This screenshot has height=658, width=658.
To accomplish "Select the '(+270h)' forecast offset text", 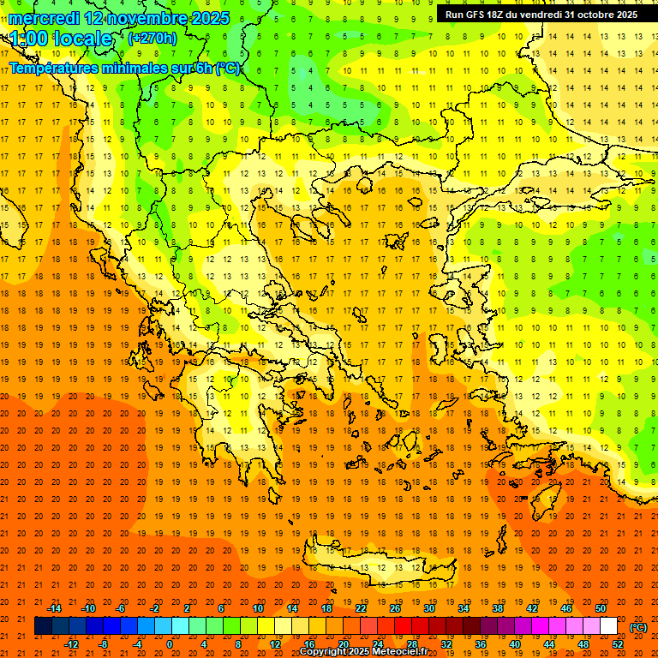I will [x=153, y=38].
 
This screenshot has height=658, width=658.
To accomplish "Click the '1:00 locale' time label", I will [x=62, y=39].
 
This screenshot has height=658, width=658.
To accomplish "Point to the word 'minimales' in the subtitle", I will [x=128, y=69].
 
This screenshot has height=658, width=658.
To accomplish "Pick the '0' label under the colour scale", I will [x=170, y=644].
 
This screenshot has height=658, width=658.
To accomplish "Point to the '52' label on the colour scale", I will [x=618, y=644].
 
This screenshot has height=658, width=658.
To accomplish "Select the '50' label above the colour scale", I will [x=601, y=608].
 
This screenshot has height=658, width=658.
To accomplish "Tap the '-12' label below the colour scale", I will [x=71, y=644].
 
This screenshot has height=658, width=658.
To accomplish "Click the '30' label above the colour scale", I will [x=429, y=608].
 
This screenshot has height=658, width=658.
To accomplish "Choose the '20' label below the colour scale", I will [x=343, y=644].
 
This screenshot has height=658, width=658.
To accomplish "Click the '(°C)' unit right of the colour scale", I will [x=638, y=627].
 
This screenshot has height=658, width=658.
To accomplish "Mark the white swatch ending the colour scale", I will [x=608, y=626].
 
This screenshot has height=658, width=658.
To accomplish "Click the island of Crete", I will [x=386, y=566].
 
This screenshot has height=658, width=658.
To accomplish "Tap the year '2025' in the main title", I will [x=208, y=18].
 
